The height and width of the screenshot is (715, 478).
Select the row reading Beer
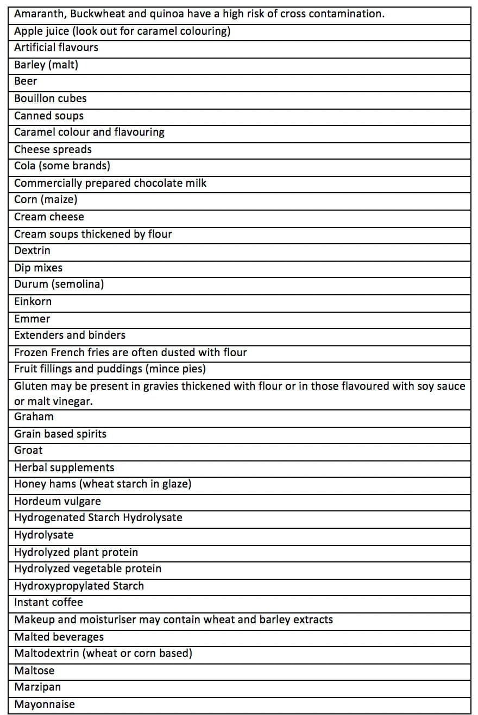click(x=26, y=81)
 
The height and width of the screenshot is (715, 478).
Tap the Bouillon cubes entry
click(x=50, y=98)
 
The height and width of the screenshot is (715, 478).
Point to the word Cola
click(x=24, y=166)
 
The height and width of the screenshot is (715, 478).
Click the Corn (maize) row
click(x=46, y=200)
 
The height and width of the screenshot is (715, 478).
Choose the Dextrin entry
click(x=32, y=251)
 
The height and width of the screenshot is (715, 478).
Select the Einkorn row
click(x=33, y=302)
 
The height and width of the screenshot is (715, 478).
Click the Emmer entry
click(x=32, y=319)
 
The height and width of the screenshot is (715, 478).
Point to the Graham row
click(x=34, y=417)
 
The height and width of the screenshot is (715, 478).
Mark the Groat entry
click(x=28, y=451)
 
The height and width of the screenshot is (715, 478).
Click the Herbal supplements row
click(x=64, y=467)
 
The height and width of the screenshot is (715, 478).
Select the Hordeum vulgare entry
click(x=57, y=501)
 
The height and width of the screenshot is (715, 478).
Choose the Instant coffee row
click(x=48, y=603)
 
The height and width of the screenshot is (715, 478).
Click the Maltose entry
click(x=34, y=671)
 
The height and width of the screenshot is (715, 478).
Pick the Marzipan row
click(x=37, y=687)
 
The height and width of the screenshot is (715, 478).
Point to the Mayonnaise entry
click(x=45, y=705)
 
